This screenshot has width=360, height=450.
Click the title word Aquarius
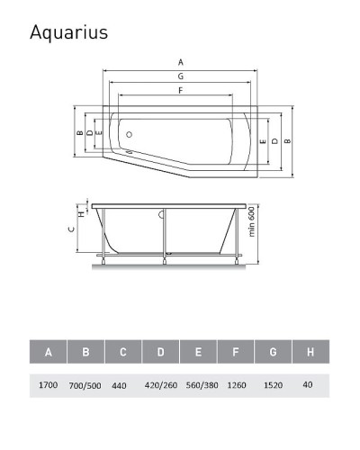pos(68,32)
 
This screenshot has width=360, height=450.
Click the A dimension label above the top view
pos(180,62)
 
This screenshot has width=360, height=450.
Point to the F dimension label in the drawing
pos(180,92)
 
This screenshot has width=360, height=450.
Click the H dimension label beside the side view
pos(80,213)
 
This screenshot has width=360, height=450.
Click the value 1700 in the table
pos(48,384)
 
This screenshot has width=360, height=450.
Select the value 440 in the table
pos(121,384)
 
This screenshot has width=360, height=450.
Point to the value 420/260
pos(160,384)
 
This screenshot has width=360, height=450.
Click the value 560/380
pos(198,384)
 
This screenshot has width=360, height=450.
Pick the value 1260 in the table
pos(234,384)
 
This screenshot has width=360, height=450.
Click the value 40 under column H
pos(309,384)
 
